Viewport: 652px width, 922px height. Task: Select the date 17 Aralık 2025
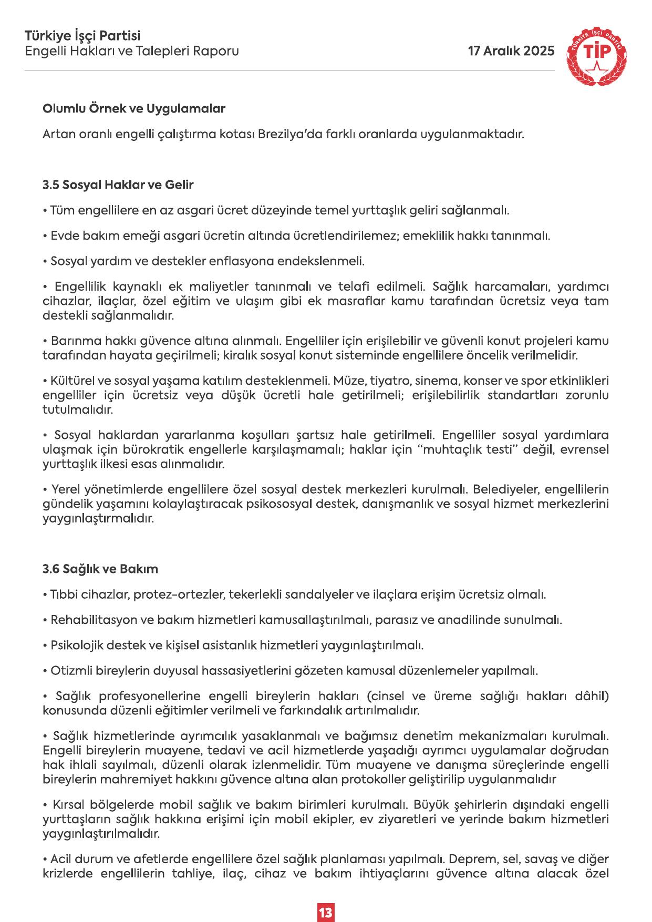pyautogui.click(x=511, y=51)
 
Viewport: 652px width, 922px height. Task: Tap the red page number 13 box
pyautogui.click(x=326, y=898)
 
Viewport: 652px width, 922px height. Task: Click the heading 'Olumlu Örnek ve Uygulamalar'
pyautogui.click(x=134, y=109)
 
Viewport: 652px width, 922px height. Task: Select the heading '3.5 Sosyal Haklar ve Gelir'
pyautogui.click(x=118, y=185)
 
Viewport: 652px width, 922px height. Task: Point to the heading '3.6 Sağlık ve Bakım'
pyautogui.click(x=100, y=569)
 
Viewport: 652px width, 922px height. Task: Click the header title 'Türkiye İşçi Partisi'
pyautogui.click(x=83, y=36)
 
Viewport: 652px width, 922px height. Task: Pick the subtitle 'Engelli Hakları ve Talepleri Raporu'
pyautogui.click(x=132, y=51)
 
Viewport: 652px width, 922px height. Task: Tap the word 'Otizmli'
pyautogui.click(x=68, y=671)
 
